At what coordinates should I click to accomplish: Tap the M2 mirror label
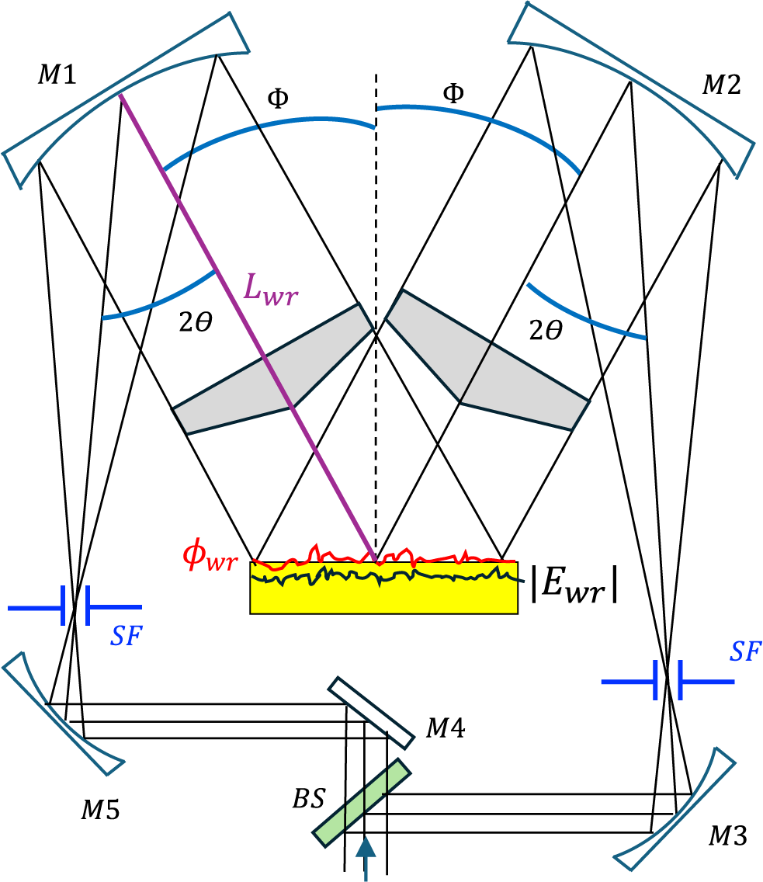pos(721,85)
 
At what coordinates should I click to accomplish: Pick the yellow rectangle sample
pos(383,594)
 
